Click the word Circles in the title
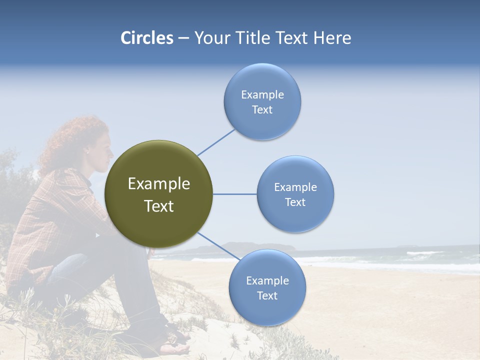pyautogui.click(x=146, y=38)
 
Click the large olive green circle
pyautogui.click(x=158, y=165)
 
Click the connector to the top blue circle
pyautogui.click(x=216, y=142)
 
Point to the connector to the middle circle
pyautogui.click(x=234, y=194)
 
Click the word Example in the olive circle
pyautogui.click(x=158, y=184)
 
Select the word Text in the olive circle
pyautogui.click(x=158, y=206)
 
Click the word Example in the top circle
pyautogui.click(x=262, y=94)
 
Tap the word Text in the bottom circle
pyautogui.click(x=267, y=295)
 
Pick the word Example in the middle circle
pyautogui.click(x=295, y=187)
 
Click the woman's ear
pyautogui.click(x=87, y=150)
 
